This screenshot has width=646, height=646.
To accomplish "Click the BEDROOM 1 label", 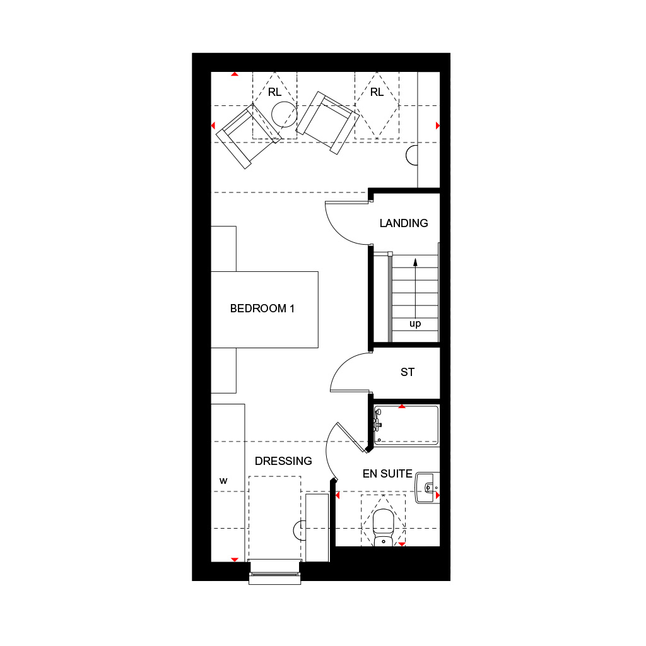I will coord(262,309).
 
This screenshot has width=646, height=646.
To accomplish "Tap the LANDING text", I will coord(404,223).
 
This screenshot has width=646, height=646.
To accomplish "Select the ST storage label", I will coord(408,372).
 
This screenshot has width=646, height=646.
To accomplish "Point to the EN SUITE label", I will coord(387,474).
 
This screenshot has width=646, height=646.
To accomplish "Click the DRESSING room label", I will coord(283,461).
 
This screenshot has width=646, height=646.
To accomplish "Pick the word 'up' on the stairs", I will coord(415,324).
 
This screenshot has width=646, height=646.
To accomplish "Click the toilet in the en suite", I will coord(383,527).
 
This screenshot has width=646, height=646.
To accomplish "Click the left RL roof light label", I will coord(274,92).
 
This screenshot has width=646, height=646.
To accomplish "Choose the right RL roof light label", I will coord(377,92).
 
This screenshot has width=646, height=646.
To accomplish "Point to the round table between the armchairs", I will coord(284,114).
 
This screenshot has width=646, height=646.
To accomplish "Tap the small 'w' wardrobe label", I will coord(223,481).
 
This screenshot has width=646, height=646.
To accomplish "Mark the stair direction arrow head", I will coord(415,261).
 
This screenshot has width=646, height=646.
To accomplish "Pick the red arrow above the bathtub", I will coord(402,406).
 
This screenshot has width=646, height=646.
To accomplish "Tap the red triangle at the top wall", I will coord(235,74).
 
